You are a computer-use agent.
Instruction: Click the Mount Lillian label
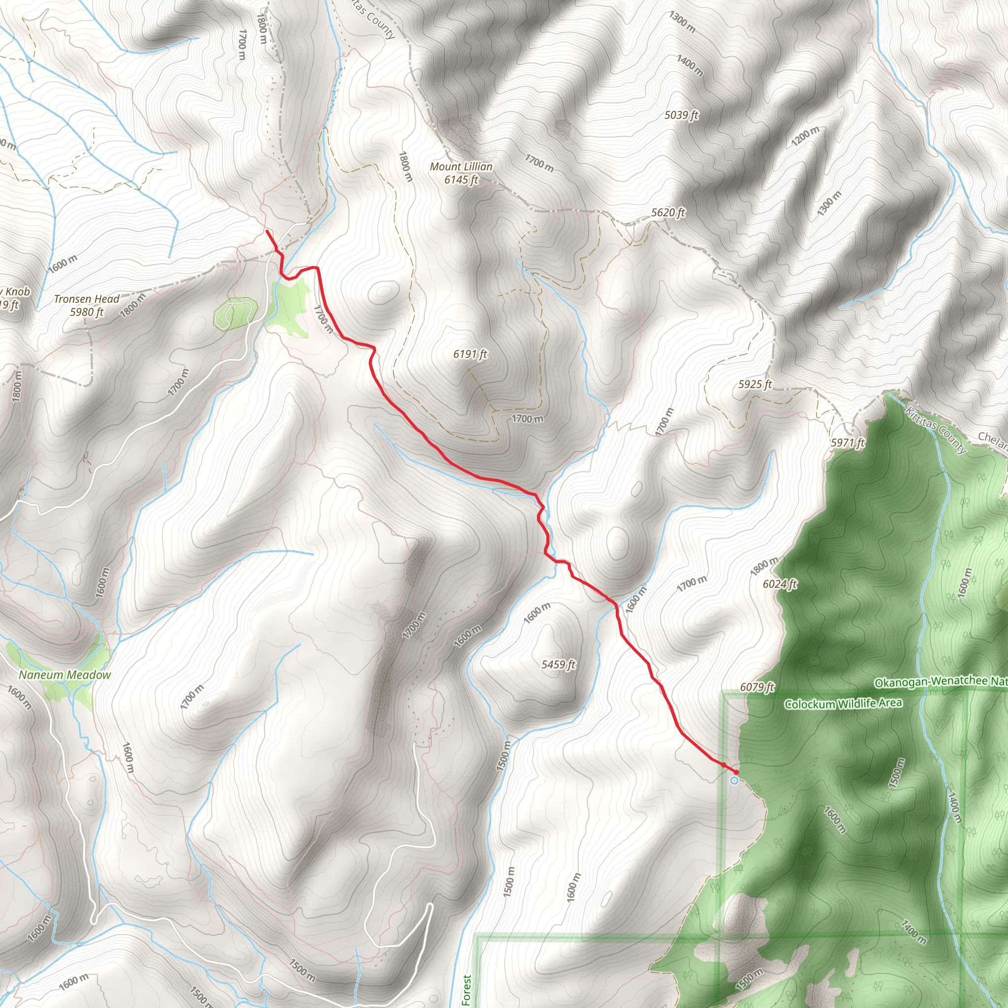(x=461, y=167)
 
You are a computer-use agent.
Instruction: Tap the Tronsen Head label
(x=87, y=299)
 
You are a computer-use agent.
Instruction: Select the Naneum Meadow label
(x=64, y=675)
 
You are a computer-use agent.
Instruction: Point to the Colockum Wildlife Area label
(x=843, y=704)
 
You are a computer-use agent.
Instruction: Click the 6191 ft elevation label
(x=470, y=355)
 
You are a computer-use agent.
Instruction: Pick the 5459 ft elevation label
(x=558, y=664)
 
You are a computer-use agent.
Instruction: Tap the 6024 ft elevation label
(x=780, y=584)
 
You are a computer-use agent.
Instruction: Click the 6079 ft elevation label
(x=756, y=687)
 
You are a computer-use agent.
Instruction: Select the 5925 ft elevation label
(x=755, y=384)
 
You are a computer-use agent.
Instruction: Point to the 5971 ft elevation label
(x=848, y=443)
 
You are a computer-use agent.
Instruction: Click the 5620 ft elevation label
(x=668, y=213)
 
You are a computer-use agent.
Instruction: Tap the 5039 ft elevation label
(x=681, y=115)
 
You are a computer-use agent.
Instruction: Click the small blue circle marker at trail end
(x=734, y=781)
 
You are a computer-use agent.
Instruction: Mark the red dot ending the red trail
(x=736, y=772)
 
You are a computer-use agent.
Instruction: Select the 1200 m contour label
(x=805, y=136)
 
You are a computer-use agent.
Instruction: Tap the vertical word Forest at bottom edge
(x=467, y=990)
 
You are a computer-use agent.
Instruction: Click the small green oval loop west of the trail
(x=236, y=313)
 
